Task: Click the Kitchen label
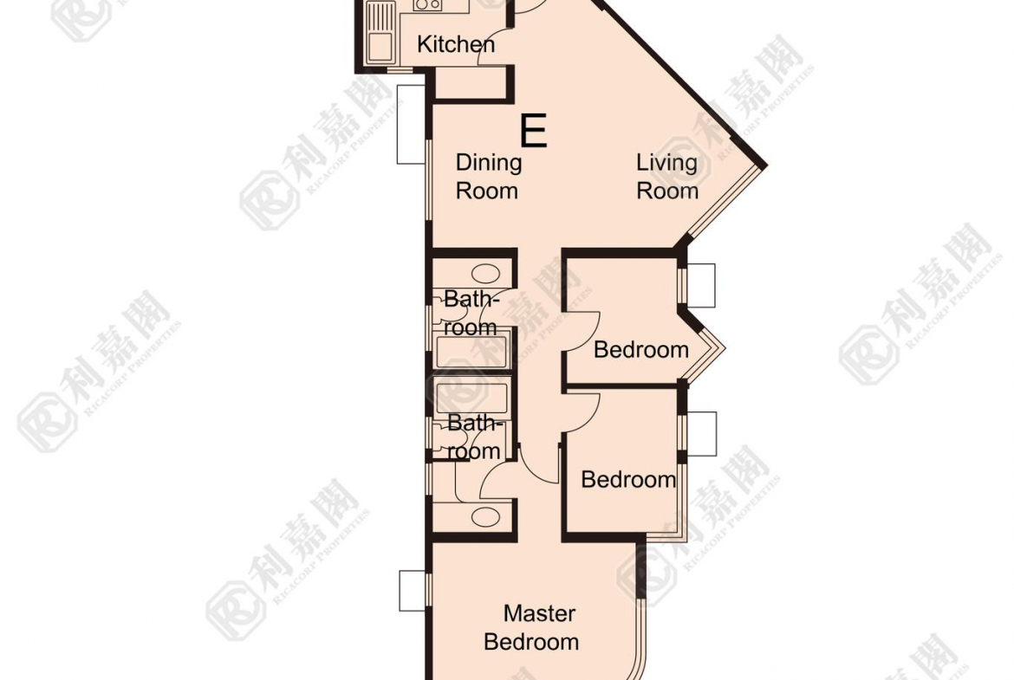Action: point(456,44)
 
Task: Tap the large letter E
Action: point(534,131)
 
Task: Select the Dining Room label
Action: point(488,177)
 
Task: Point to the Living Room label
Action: point(667,177)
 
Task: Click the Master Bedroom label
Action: point(531,627)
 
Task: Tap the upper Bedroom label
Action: point(640,350)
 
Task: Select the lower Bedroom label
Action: point(628,480)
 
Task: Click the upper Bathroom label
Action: point(471,313)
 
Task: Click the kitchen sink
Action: point(380,32)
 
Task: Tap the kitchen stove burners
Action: point(427,5)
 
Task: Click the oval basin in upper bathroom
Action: point(485,274)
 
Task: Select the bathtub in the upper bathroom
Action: point(471,353)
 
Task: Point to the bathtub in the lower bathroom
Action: point(471,398)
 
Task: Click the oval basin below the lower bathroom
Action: point(485,516)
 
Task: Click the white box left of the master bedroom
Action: point(412,591)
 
